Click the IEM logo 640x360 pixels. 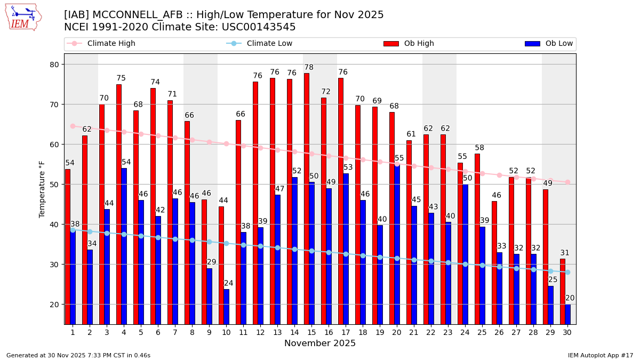[23, 17]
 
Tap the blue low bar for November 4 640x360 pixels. [124, 246]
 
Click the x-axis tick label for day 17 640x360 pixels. [346, 332]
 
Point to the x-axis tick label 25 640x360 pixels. [482, 332]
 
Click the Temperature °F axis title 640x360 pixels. [42, 189]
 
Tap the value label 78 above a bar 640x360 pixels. [309, 68]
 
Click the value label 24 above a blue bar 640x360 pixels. [229, 283]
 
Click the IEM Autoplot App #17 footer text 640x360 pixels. [601, 355]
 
